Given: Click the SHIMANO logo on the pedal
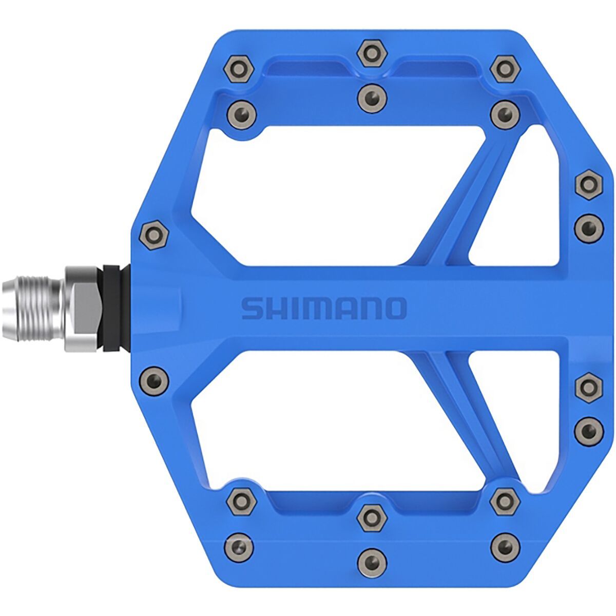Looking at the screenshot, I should (x=324, y=308).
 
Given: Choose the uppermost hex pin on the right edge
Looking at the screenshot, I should (x=588, y=185).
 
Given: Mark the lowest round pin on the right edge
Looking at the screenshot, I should (x=588, y=430).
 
